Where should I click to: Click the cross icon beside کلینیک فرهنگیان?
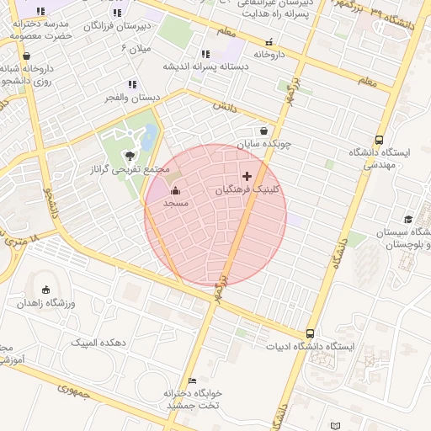tap(247, 176)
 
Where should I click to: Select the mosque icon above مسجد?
tap(175, 190)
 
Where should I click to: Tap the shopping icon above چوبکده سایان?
tap(264, 130)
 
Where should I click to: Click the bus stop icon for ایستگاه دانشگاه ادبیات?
tap(311, 333)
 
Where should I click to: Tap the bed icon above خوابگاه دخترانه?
tap(193, 380)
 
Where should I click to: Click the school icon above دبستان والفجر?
tap(131, 84)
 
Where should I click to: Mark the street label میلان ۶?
tap(136, 49)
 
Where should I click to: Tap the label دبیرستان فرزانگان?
tap(117, 26)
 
